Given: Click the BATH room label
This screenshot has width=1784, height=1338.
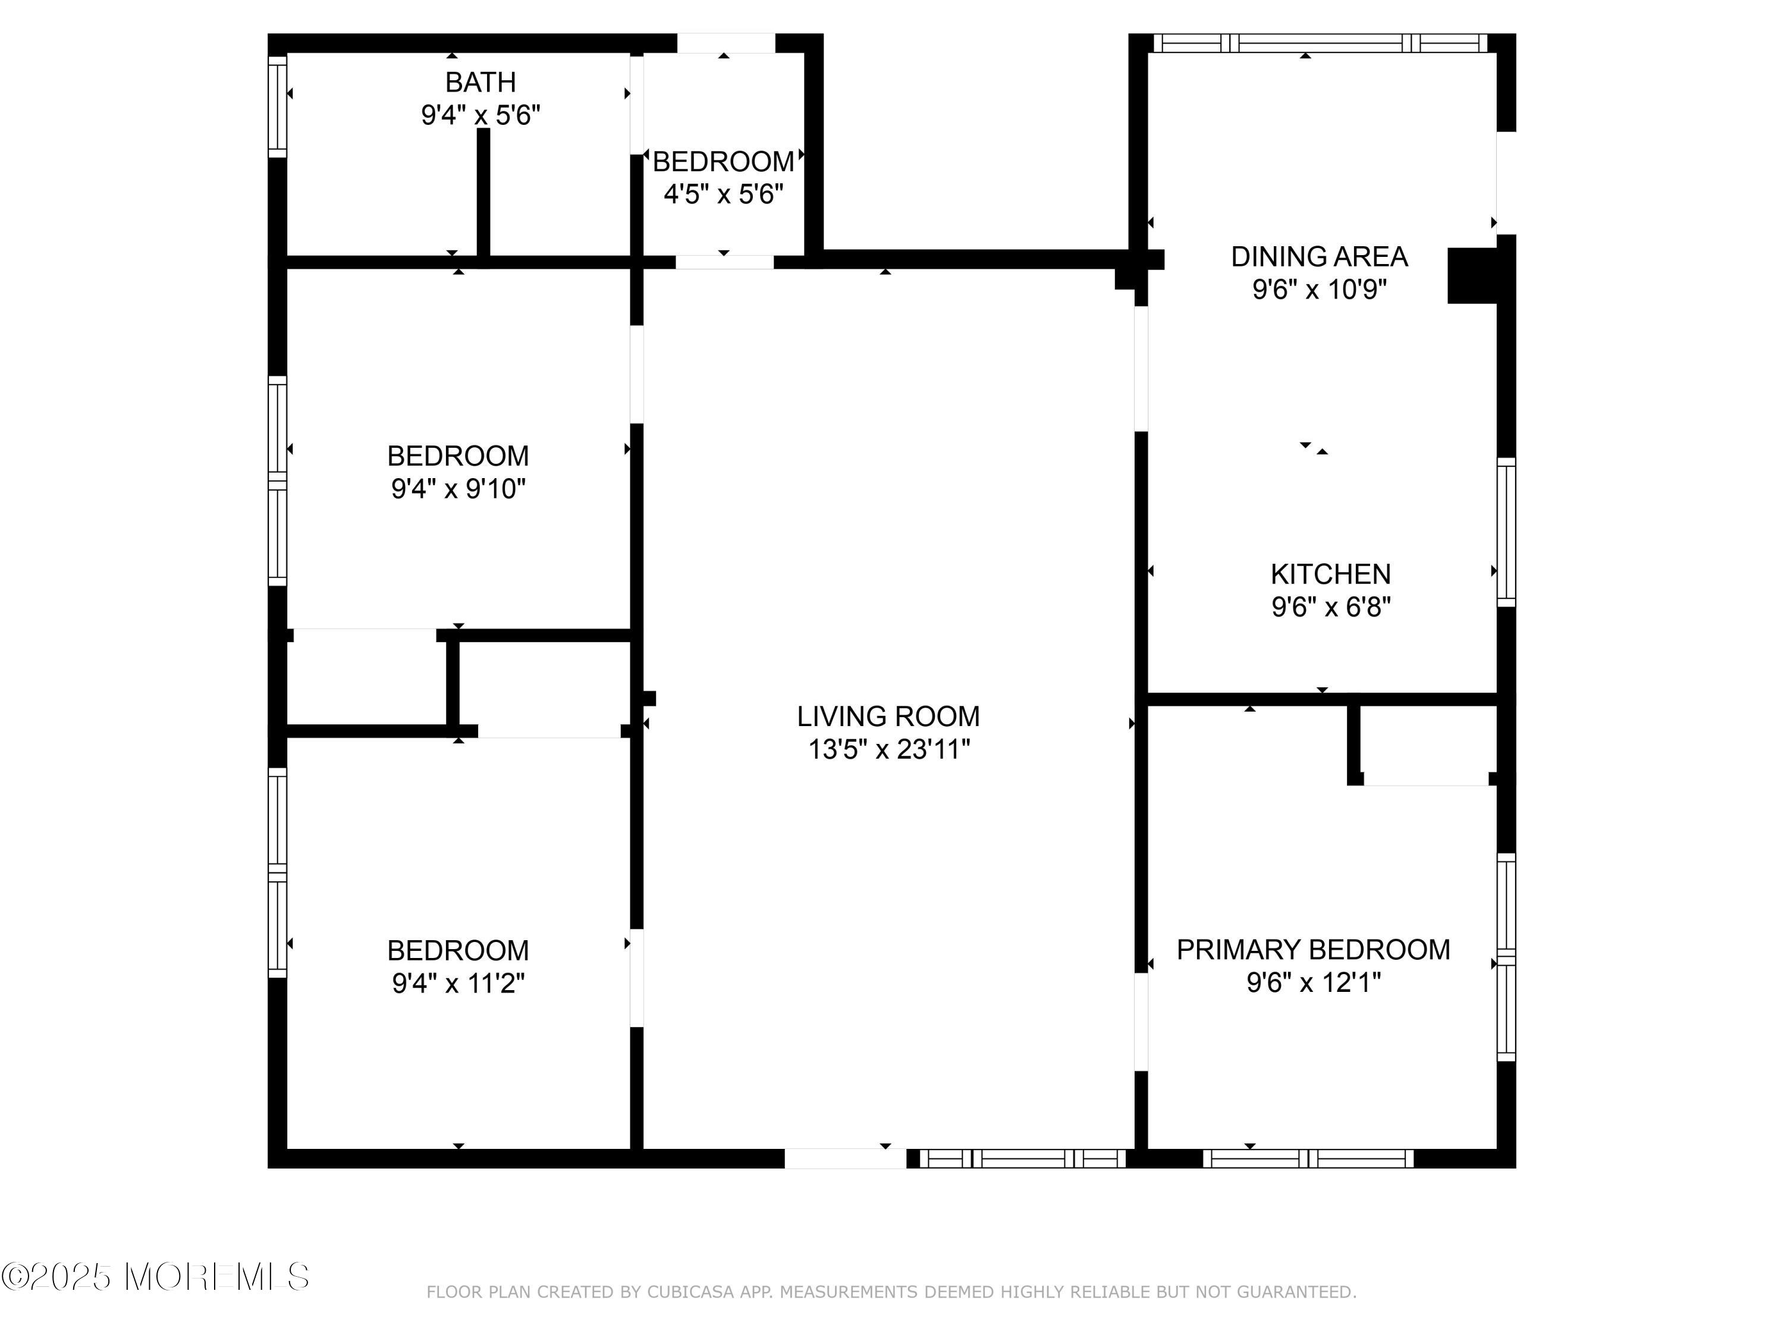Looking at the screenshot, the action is [480, 82].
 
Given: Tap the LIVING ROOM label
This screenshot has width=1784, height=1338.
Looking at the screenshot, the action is [888, 716].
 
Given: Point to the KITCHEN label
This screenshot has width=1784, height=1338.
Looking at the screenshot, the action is [1331, 574].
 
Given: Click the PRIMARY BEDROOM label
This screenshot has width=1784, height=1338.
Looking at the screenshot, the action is [1313, 949].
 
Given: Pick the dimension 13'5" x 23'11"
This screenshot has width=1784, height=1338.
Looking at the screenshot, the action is [889, 750].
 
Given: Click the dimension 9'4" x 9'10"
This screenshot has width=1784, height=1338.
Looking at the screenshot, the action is [458, 489].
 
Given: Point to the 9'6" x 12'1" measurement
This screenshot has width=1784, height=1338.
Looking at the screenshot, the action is [1314, 983].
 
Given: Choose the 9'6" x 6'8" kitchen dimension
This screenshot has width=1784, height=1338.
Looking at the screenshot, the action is [1331, 607].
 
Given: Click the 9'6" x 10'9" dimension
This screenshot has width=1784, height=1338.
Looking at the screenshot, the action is [1320, 290].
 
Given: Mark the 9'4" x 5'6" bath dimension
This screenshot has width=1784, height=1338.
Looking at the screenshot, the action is [480, 115].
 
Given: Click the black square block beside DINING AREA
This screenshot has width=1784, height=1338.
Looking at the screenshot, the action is [1472, 276].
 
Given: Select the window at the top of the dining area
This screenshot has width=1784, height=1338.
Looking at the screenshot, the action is [1320, 43].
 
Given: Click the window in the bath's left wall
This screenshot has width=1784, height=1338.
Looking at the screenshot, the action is [278, 106].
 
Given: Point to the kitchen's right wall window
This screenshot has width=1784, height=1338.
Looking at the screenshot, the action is [1506, 532].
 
